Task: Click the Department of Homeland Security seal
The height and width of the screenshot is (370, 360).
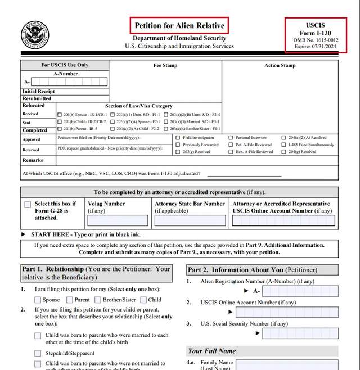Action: (35, 35)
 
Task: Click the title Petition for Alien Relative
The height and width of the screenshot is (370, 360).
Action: (178, 25)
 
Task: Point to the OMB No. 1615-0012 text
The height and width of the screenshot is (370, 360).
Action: (315, 40)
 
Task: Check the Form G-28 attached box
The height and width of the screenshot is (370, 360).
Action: (28, 205)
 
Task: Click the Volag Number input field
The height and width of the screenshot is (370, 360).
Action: (118, 220)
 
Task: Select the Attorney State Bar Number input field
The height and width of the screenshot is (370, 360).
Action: (191, 220)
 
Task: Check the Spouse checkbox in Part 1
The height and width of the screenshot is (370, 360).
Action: (38, 300)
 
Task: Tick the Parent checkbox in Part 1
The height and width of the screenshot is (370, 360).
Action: (70, 300)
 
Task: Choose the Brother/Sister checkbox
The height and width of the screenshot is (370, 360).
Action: (97, 300)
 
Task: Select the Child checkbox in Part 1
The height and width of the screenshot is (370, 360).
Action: (143, 300)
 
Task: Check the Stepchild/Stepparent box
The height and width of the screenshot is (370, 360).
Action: (38, 353)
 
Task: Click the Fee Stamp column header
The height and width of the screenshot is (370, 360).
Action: (165, 66)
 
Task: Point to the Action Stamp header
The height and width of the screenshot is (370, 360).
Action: (280, 66)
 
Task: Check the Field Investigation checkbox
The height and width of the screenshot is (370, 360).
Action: (178, 138)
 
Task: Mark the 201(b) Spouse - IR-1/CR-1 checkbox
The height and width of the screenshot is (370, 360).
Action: (60, 115)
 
